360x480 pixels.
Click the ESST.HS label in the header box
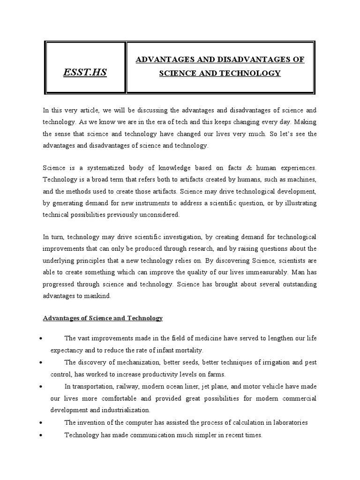click(x=85, y=72)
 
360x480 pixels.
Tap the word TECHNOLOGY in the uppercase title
click(x=253, y=73)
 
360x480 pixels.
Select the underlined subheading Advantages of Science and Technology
click(x=103, y=318)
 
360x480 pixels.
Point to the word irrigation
click(x=262, y=362)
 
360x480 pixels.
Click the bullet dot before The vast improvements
click(x=42, y=338)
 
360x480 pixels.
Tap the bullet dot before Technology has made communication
click(x=42, y=435)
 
